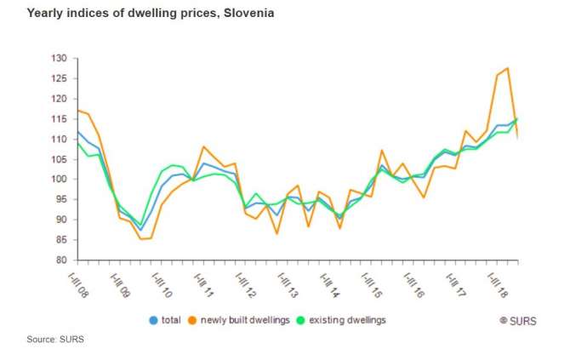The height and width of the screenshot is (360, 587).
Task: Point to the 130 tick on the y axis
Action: pos(59,58)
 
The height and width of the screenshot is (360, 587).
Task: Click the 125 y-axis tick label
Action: pos(59,78)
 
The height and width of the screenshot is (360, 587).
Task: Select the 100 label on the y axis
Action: pos(59,179)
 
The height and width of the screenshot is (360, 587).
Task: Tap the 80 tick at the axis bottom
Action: pos(60,260)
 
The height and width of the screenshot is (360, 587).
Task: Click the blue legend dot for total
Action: pos(153,321)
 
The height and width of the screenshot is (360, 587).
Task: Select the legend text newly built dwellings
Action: pos(246,321)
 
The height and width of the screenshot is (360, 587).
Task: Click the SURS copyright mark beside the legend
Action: pos(517,321)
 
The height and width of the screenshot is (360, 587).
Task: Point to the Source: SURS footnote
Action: pos(55,340)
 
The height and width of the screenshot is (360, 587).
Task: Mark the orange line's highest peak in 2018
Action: pos(507,68)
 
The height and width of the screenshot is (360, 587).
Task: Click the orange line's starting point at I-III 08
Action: pos(78,110)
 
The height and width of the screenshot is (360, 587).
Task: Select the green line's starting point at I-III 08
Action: pos(78,143)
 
